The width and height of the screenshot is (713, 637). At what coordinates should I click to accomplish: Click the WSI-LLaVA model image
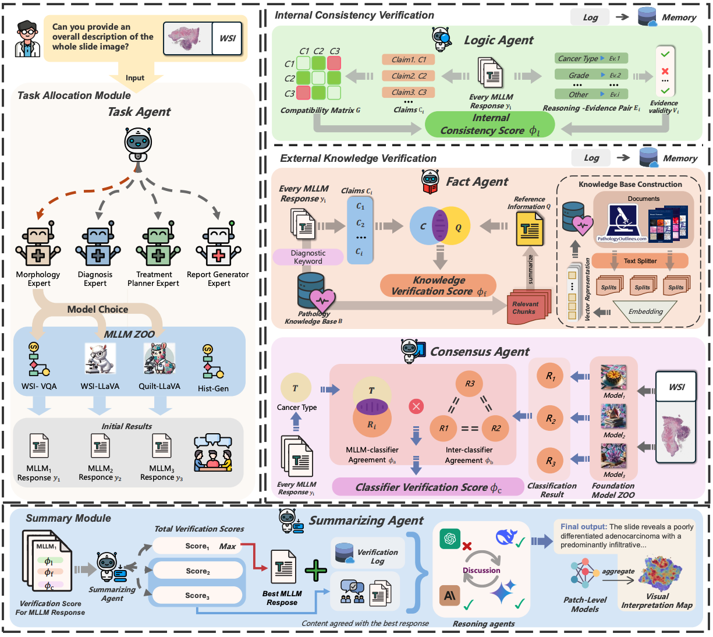pos(100,358)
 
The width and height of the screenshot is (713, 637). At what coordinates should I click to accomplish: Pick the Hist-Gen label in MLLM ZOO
pos(213,388)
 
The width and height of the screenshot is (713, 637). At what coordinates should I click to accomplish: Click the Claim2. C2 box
pos(409,76)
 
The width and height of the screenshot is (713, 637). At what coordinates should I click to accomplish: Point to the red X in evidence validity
pos(665,72)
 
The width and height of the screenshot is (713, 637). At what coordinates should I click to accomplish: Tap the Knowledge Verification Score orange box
pos(438,286)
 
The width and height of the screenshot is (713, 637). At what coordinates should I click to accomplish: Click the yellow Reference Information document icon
pos(530,229)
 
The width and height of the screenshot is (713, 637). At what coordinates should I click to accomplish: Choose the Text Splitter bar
pos(640,261)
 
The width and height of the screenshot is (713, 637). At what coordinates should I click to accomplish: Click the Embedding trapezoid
pos(645,312)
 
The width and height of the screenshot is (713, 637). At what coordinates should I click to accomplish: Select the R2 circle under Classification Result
pos(550,418)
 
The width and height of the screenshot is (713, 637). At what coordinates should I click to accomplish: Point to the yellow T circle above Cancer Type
pos(295,388)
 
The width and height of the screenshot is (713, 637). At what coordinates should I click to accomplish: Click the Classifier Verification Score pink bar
pos(428,487)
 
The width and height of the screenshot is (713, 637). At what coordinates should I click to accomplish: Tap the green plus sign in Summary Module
pos(316,571)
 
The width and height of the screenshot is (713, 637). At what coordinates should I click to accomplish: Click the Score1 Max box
pos(198,546)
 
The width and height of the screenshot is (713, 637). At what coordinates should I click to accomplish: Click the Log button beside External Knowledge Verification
pos(591,158)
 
